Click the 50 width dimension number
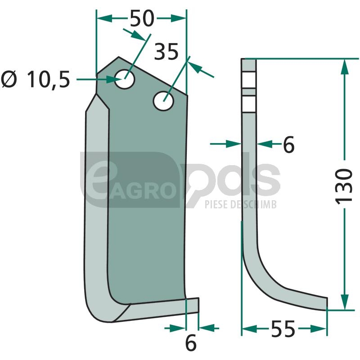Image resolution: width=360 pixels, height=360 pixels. tap(142, 18)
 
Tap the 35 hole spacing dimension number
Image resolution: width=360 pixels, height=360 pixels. tap(166, 52)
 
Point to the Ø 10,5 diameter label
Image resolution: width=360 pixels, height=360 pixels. tap(36, 80)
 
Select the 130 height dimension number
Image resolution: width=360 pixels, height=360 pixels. tap(344, 186)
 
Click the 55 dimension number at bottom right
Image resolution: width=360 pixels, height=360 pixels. tap(283, 329)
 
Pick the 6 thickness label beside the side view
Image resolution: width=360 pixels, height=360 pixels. tap(288, 144)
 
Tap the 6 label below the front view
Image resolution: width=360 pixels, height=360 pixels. tap(191, 343)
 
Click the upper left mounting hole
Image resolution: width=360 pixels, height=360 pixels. tap(125, 79)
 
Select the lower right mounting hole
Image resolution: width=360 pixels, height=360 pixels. tap(163, 101)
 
